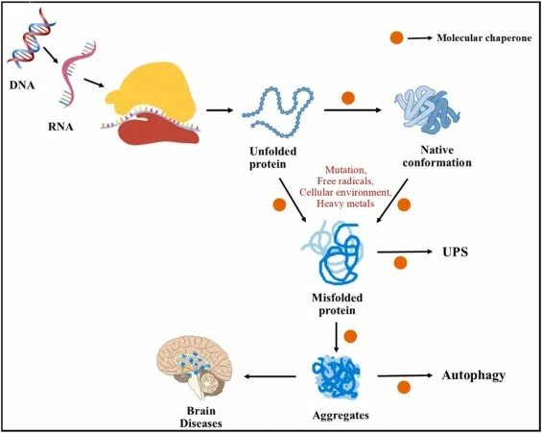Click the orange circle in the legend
[x=396, y=38]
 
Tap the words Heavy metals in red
[x=344, y=204]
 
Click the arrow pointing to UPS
[x=408, y=256]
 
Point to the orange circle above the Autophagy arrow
[x=404, y=388]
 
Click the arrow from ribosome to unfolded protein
[x=221, y=109]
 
